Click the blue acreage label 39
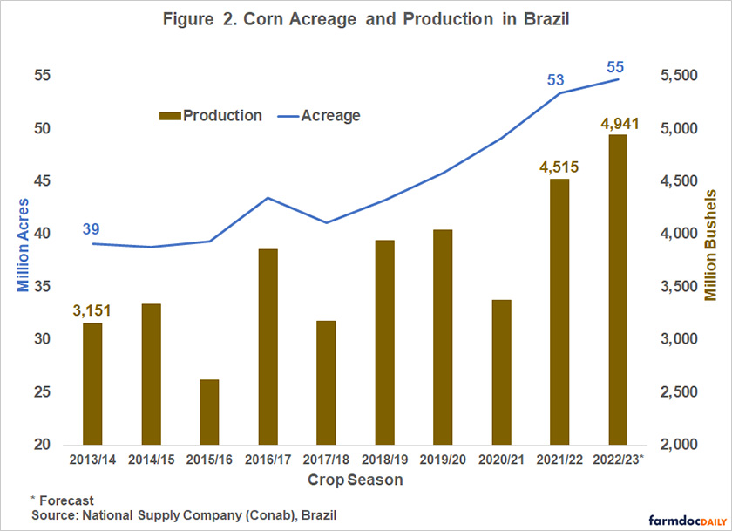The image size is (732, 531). pos(91,229)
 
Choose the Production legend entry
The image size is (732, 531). pos(212,115)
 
